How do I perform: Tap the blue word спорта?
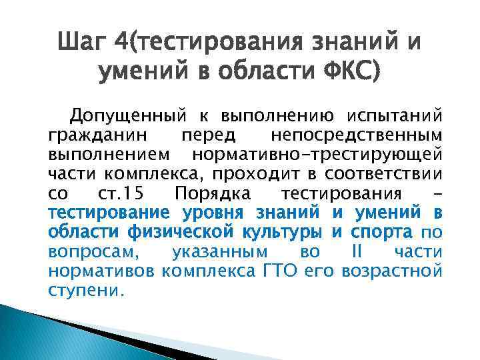point(381,233)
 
